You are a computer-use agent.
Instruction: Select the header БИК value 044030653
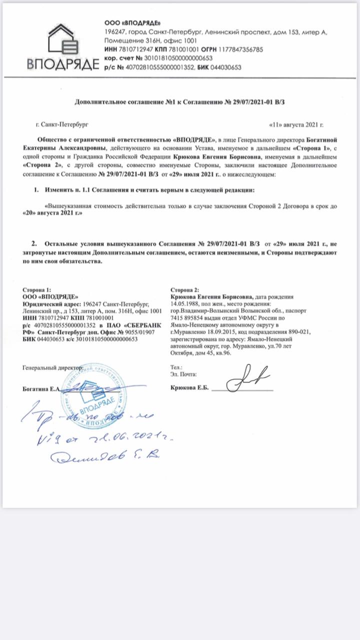[225, 66]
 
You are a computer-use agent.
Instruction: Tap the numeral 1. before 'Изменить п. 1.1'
[36, 190]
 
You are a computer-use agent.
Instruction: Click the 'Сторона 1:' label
[36, 290]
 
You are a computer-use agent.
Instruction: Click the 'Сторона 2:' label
[184, 290]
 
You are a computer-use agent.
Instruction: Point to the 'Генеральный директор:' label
[52, 367]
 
